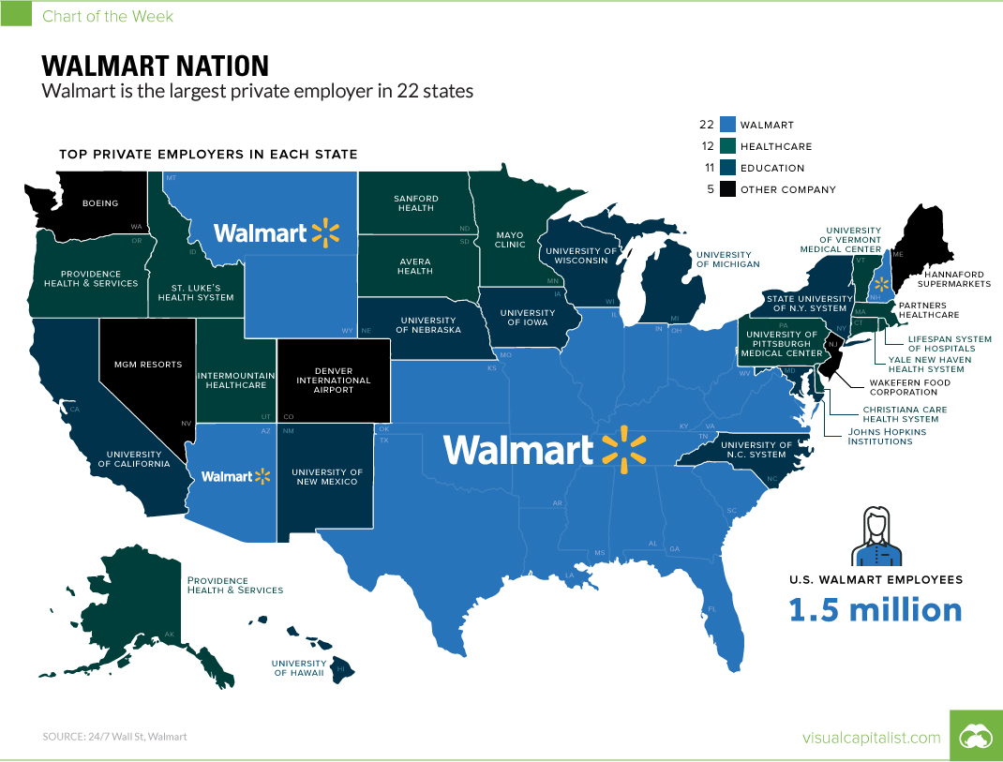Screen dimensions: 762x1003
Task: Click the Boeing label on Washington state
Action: click(100, 202)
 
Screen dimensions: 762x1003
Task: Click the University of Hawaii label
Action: click(298, 668)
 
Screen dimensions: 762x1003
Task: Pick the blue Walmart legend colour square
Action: click(728, 124)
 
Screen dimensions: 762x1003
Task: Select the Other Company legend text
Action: click(787, 189)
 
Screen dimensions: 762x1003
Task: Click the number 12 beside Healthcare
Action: click(706, 146)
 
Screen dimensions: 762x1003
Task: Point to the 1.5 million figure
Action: click(875, 610)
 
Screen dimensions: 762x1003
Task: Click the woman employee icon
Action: click(875, 538)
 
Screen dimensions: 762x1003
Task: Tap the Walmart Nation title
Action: click(156, 66)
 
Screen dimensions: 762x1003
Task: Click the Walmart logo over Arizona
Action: click(235, 476)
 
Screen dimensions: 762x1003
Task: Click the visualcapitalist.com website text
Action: click(871, 738)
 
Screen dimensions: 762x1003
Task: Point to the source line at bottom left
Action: click(114, 737)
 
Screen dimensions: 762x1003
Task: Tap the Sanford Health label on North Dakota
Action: click(414, 202)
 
